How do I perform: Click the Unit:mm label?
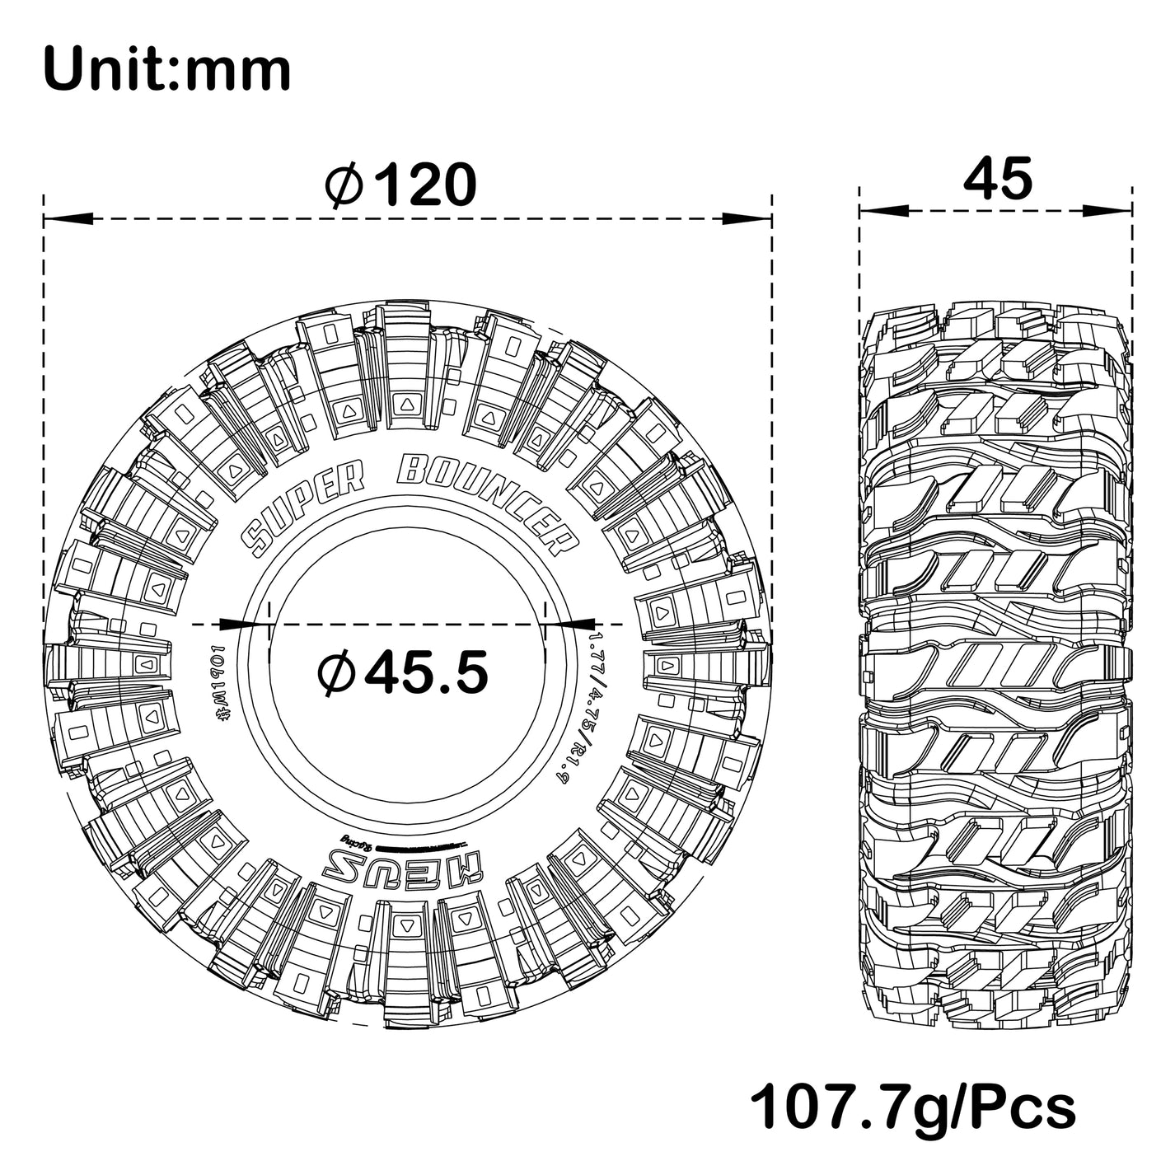click(x=166, y=70)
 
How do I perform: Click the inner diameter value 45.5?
click(x=426, y=672)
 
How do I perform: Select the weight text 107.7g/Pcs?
click(x=913, y=1108)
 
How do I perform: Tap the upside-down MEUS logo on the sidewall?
click(x=403, y=866)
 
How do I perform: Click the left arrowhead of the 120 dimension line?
click(x=66, y=219)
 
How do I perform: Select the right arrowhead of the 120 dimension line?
click(x=748, y=219)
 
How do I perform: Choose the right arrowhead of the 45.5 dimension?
click(x=570, y=624)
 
